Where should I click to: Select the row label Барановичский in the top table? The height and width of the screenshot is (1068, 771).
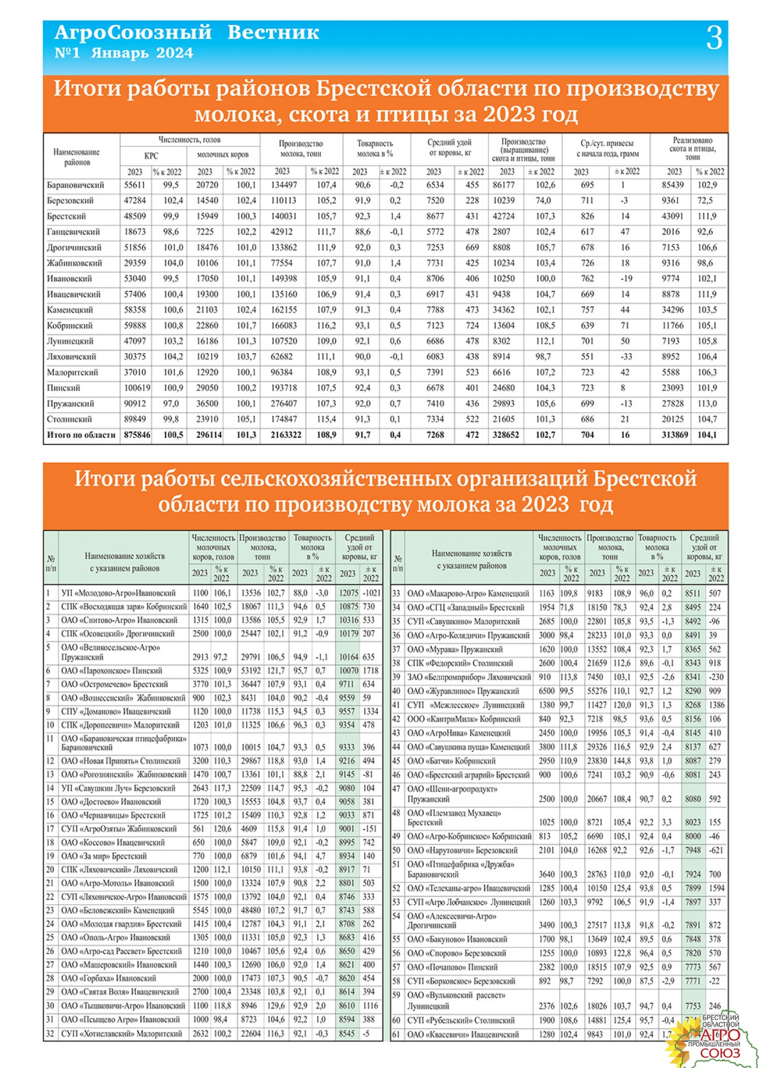[x=75, y=185]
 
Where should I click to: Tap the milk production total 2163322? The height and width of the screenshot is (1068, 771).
[x=286, y=435]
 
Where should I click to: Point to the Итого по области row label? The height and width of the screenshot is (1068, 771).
[x=81, y=435]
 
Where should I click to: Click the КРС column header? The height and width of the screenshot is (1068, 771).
[x=151, y=155]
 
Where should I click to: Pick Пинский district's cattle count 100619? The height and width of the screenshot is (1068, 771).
[x=136, y=388]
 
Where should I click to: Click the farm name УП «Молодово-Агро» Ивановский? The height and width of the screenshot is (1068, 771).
[x=118, y=593]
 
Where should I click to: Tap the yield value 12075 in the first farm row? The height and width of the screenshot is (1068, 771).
[x=348, y=593]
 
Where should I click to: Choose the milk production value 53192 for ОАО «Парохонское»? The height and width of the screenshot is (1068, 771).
[x=250, y=670]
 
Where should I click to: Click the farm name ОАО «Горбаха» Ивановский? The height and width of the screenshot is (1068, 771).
[x=109, y=978]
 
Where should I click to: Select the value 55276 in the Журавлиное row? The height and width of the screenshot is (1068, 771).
[x=597, y=691]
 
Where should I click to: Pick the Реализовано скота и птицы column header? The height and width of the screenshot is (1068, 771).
[x=692, y=149]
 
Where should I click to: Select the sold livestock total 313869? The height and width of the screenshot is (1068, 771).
[x=675, y=435]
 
